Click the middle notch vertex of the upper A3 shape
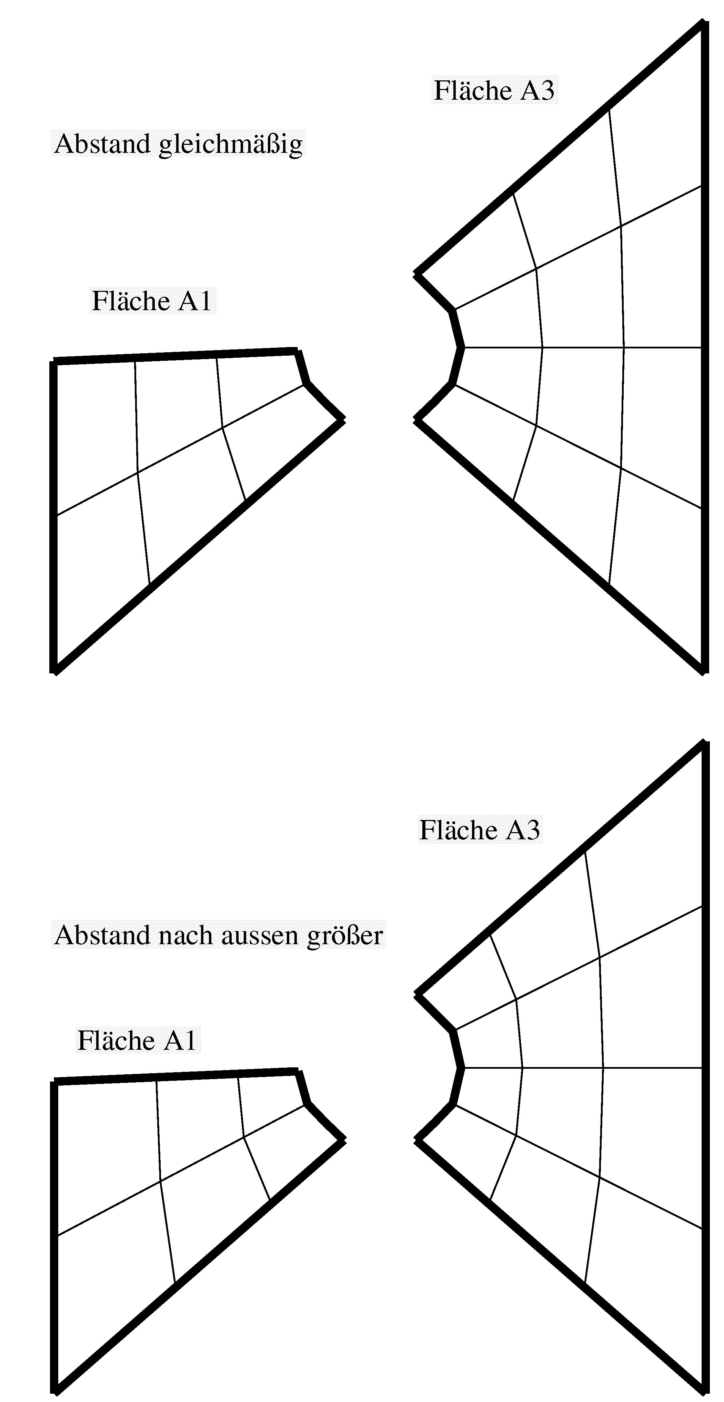[x=462, y=347]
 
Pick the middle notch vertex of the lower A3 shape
[x=462, y=1068]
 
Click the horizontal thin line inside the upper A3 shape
[x=582, y=347]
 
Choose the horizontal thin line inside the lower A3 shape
[x=582, y=1068]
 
